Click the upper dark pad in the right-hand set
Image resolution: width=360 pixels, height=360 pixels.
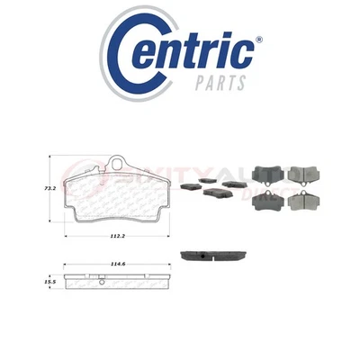click(269, 173)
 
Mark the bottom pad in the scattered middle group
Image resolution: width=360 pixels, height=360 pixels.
click(216, 192)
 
